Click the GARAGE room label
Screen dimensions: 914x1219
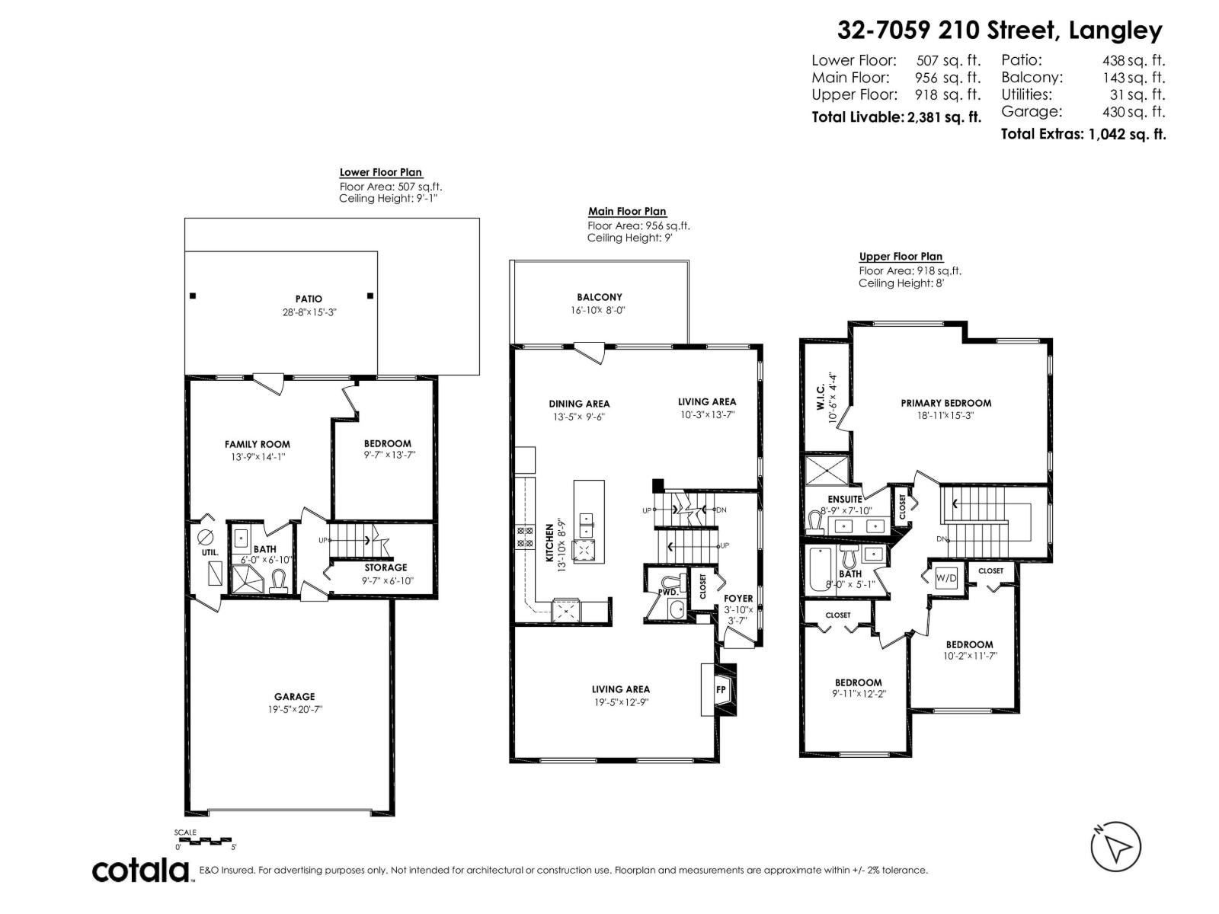pos(294,696)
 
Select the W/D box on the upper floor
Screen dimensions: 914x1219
pos(946,578)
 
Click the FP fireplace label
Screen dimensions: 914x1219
pos(721,690)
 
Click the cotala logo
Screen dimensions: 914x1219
pos(141,870)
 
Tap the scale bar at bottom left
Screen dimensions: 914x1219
pos(204,840)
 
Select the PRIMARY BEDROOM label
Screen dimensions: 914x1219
pos(945,403)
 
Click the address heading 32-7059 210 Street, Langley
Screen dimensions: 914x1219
pos(1000,30)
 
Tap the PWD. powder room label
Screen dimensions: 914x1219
pos(668,590)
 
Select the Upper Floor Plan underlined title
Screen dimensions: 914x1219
pos(901,257)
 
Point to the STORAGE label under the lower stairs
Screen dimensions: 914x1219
pos(386,567)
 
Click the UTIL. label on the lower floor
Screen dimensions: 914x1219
pos(210,552)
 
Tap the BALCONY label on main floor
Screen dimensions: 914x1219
pos(599,297)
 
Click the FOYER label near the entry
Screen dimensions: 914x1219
pos(737,599)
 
